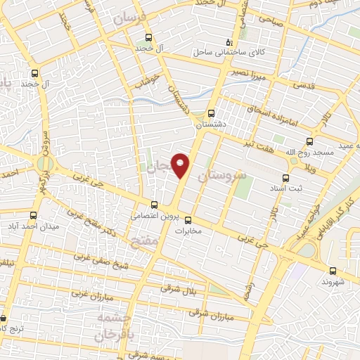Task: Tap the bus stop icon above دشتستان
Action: (212, 112)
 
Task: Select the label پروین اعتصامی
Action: (154, 216)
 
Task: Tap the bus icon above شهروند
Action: (332, 270)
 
